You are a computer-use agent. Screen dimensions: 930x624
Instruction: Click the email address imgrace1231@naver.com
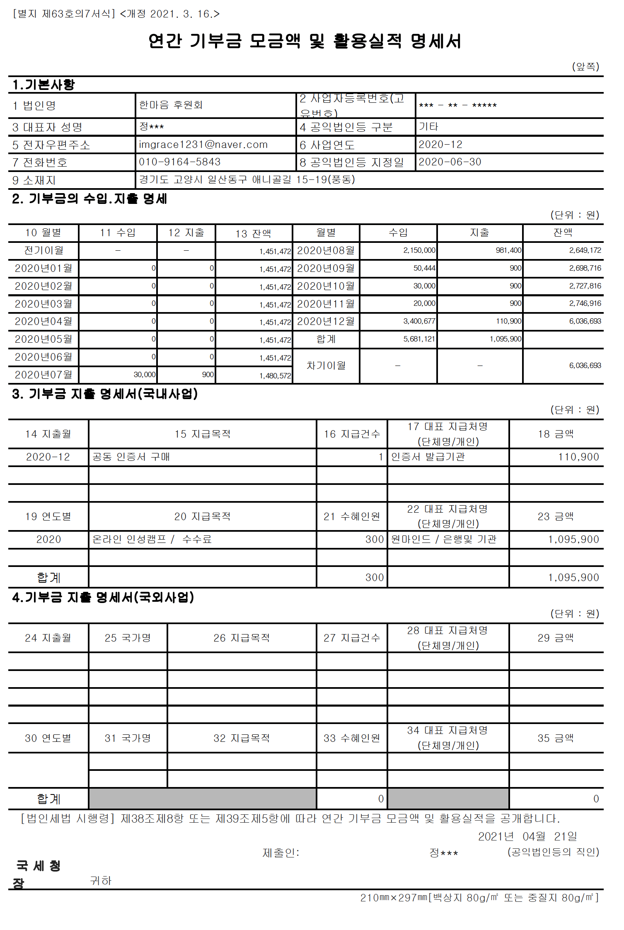[203, 145]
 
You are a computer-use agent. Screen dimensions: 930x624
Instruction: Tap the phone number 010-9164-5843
[179, 162]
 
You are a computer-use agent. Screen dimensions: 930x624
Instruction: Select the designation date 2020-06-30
[450, 162]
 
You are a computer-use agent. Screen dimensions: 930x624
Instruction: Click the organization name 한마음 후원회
[171, 105]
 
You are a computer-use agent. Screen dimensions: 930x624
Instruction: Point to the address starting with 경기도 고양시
[247, 179]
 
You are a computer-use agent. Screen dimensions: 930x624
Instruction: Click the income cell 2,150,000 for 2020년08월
[419, 250]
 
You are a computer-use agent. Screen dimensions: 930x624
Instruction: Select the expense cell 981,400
[508, 250]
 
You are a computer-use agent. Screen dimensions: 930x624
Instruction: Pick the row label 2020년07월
[44, 375]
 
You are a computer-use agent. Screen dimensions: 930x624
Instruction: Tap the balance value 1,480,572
[275, 375]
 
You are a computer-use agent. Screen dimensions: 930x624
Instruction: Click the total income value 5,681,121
[419, 339]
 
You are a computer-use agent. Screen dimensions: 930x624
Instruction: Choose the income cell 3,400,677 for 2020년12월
[419, 321]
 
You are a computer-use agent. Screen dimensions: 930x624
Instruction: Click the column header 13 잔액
[253, 234]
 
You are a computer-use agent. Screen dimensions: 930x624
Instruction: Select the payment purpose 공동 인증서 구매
[131, 457]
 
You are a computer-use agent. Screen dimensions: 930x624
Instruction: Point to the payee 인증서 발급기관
[428, 457]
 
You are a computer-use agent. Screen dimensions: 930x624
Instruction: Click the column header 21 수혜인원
[352, 516]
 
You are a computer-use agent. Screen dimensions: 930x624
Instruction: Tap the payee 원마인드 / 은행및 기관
[443, 539]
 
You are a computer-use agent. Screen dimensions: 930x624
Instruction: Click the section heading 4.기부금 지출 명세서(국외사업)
[103, 597]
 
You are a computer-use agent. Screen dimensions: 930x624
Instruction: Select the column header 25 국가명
[128, 638]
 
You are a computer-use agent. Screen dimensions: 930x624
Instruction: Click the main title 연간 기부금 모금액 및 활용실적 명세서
[305, 41]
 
